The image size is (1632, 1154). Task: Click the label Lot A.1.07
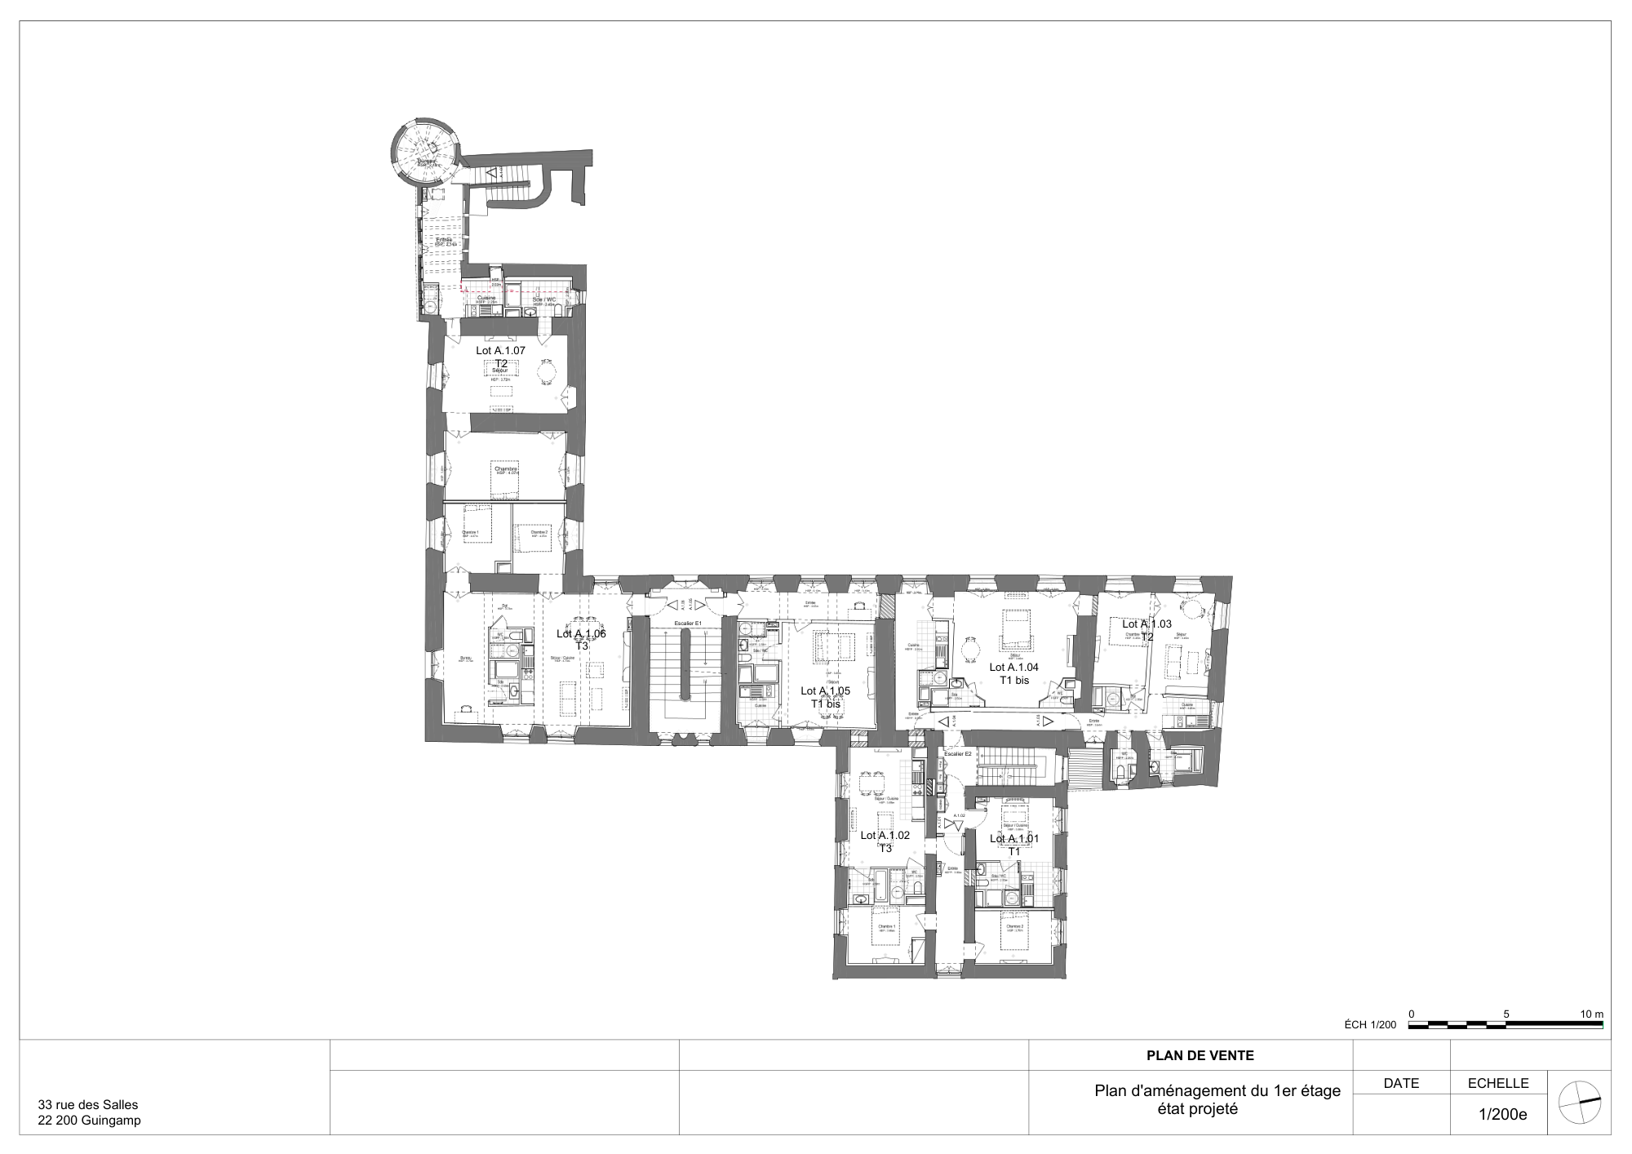point(500,350)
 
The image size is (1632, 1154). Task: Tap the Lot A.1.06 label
point(581,633)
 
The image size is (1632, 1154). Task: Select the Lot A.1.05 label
point(825,690)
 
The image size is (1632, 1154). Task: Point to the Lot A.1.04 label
point(1013,667)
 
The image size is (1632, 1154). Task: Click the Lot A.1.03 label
point(1146,624)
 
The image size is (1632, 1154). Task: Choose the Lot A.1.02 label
point(885,836)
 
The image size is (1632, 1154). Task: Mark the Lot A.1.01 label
point(1014,839)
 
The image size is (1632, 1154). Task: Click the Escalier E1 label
point(688,624)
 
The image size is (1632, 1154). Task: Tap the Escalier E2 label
point(957,754)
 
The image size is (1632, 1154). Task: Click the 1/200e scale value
point(1502,1114)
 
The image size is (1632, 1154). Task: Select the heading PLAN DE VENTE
point(1200,1055)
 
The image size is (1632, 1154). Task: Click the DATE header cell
point(1401,1084)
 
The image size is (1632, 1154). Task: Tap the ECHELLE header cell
point(1497,1084)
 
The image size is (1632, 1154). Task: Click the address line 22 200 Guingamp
point(90,1121)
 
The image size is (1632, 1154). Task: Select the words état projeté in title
point(1197,1109)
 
